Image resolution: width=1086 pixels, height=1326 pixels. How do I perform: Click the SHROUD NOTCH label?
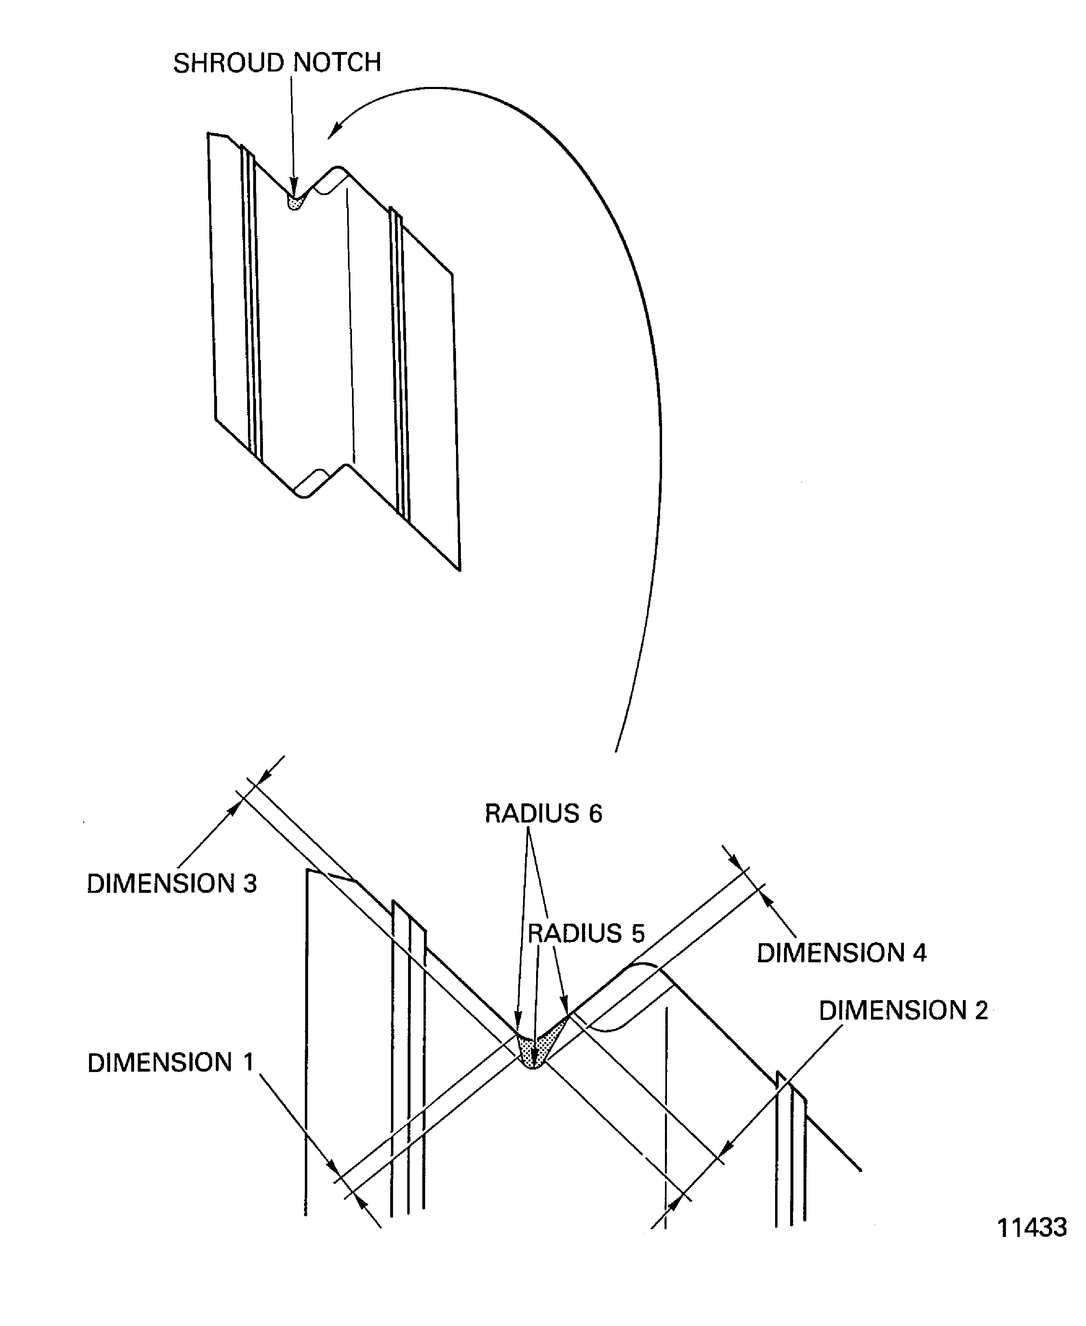tap(276, 63)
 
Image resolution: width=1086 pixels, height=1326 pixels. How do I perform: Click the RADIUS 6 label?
tap(543, 814)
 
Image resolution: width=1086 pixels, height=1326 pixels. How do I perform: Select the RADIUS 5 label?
tap(586, 933)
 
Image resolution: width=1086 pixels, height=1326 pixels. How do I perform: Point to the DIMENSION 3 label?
tap(172, 884)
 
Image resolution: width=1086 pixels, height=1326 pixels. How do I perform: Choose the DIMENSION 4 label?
tap(841, 953)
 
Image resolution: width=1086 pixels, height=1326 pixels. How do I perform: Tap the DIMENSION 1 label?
tap(170, 1063)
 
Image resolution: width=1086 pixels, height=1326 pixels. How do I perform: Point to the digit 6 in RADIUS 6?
tap(595, 814)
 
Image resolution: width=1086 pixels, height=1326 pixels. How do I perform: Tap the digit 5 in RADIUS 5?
tap(637, 933)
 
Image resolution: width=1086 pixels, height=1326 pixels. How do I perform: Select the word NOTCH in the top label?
tap(337, 63)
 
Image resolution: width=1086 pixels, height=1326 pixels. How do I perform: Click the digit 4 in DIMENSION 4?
tap(919, 953)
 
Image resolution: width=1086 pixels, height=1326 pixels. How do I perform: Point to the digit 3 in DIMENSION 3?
tap(250, 884)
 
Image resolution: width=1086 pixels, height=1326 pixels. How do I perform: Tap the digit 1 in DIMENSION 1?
tap(248, 1063)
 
